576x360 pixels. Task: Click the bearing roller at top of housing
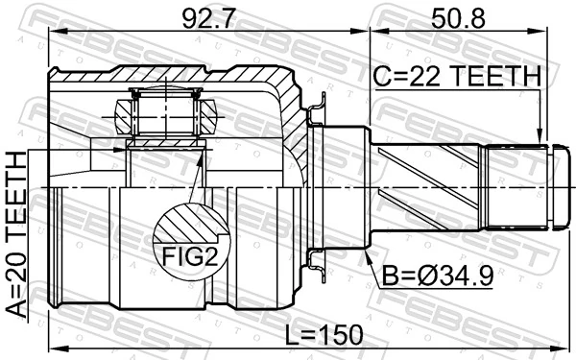166,112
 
